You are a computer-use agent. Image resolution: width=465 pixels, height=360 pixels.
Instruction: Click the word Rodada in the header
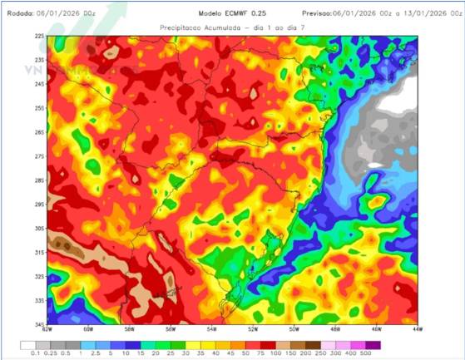point(21,14)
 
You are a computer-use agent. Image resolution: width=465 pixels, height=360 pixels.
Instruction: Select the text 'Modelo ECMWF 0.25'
point(232,14)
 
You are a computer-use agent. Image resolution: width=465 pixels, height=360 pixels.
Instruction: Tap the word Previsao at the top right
point(316,14)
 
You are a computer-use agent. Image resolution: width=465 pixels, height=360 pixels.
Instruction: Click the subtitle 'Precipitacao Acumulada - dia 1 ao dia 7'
point(231,27)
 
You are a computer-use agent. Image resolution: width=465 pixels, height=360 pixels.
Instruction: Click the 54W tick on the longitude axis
point(211,328)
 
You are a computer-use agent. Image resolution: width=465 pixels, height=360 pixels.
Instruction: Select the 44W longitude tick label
point(417,328)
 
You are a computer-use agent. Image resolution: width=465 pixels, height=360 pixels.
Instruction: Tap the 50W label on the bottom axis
point(294,328)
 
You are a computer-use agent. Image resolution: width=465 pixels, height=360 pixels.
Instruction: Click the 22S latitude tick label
point(39,37)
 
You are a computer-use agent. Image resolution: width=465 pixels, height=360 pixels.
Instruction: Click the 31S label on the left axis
point(39,252)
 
